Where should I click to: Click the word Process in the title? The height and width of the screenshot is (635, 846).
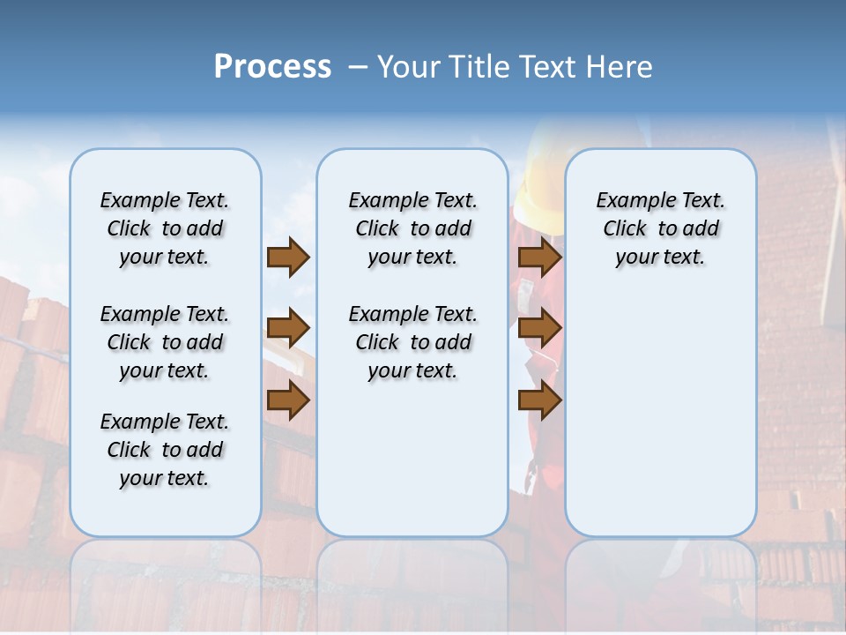tap(272, 67)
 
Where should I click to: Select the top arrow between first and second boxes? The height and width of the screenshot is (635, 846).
tap(288, 257)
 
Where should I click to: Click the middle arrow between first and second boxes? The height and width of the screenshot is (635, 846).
tap(288, 328)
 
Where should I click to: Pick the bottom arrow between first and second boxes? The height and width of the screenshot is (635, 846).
tap(288, 400)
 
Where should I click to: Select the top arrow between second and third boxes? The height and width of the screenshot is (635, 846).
tap(539, 257)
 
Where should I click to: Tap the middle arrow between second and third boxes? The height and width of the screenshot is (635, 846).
tap(539, 328)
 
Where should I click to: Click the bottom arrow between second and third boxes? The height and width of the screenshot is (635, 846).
tap(539, 400)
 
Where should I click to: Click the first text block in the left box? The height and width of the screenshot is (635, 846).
tap(165, 228)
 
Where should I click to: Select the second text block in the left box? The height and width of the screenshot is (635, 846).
tap(165, 342)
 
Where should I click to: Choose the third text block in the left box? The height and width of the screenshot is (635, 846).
tap(165, 450)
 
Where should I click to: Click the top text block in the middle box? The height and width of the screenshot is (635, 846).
tap(412, 228)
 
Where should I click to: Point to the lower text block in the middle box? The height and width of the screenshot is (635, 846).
tap(412, 342)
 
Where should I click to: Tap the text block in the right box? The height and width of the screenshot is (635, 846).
tap(660, 228)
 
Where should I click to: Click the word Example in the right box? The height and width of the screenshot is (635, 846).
tap(631, 201)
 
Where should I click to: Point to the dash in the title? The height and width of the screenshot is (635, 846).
tap(358, 68)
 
